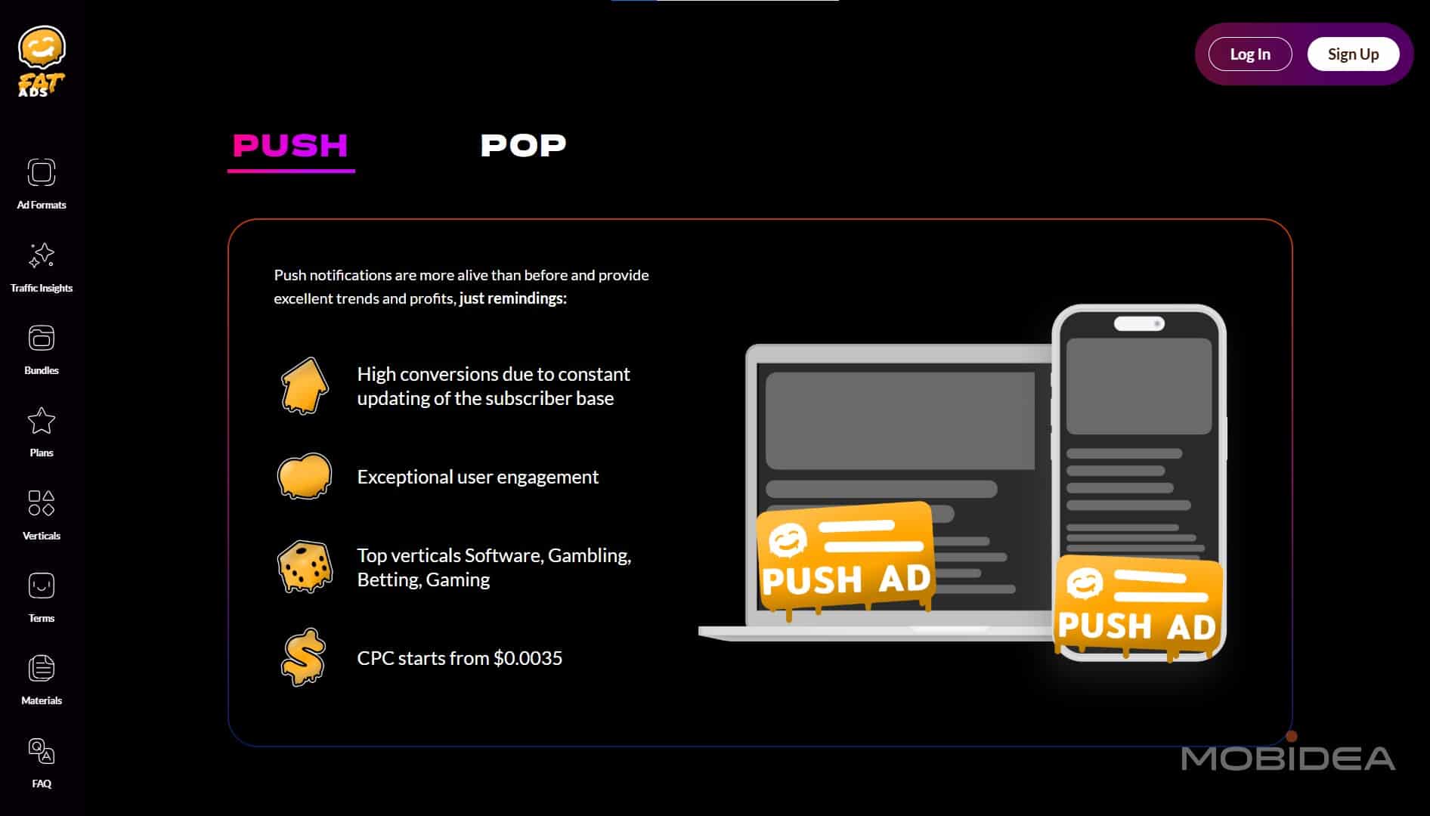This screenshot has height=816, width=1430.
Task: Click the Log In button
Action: pyautogui.click(x=1249, y=54)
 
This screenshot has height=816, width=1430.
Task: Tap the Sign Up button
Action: pyautogui.click(x=1353, y=54)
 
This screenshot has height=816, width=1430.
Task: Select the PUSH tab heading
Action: pyautogui.click(x=290, y=145)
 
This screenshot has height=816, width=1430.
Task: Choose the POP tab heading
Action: pyautogui.click(x=523, y=145)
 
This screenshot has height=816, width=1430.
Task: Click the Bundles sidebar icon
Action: pyautogui.click(x=42, y=338)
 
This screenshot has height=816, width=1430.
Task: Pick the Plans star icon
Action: pyautogui.click(x=42, y=422)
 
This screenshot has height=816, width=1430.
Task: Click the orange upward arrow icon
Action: pyautogui.click(x=304, y=385)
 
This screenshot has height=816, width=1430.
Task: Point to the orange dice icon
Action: pyautogui.click(x=304, y=567)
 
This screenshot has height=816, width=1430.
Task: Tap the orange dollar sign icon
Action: pyautogui.click(x=303, y=657)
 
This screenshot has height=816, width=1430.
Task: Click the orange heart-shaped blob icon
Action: pyautogui.click(x=304, y=476)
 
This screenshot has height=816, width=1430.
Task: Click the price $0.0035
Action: pyautogui.click(x=528, y=658)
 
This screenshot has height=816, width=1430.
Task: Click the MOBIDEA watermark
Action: pyautogui.click(x=1288, y=758)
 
